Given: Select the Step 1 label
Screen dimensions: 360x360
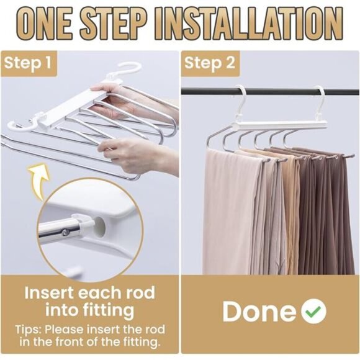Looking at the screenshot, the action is [x=27, y=63].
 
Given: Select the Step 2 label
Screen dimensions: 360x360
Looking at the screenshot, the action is [x=210, y=63].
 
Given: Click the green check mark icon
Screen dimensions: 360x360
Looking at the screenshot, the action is [x=314, y=311].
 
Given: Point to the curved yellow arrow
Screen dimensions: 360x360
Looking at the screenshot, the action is [x=38, y=181].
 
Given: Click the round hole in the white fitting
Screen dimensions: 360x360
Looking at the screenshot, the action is [x=100, y=227].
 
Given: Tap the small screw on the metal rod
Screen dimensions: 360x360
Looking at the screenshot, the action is [x=66, y=233].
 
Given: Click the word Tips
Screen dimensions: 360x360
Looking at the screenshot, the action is [x=28, y=330].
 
